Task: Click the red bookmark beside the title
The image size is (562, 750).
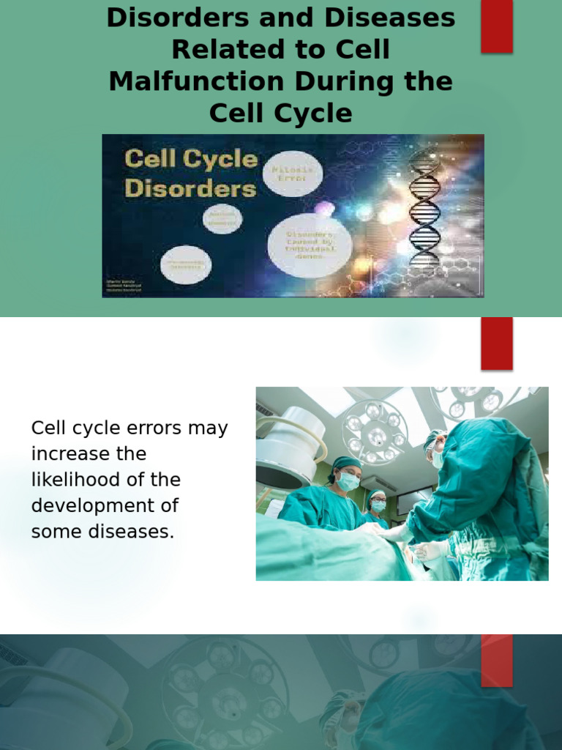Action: (x=496, y=26)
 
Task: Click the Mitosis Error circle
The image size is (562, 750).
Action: (x=292, y=174)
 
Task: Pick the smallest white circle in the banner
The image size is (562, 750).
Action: (x=222, y=218)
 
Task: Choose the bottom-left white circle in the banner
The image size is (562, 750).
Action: (x=186, y=264)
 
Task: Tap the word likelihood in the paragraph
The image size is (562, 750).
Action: (x=106, y=480)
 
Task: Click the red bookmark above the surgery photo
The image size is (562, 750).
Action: (x=496, y=344)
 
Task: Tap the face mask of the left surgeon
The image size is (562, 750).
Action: (x=348, y=480)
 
